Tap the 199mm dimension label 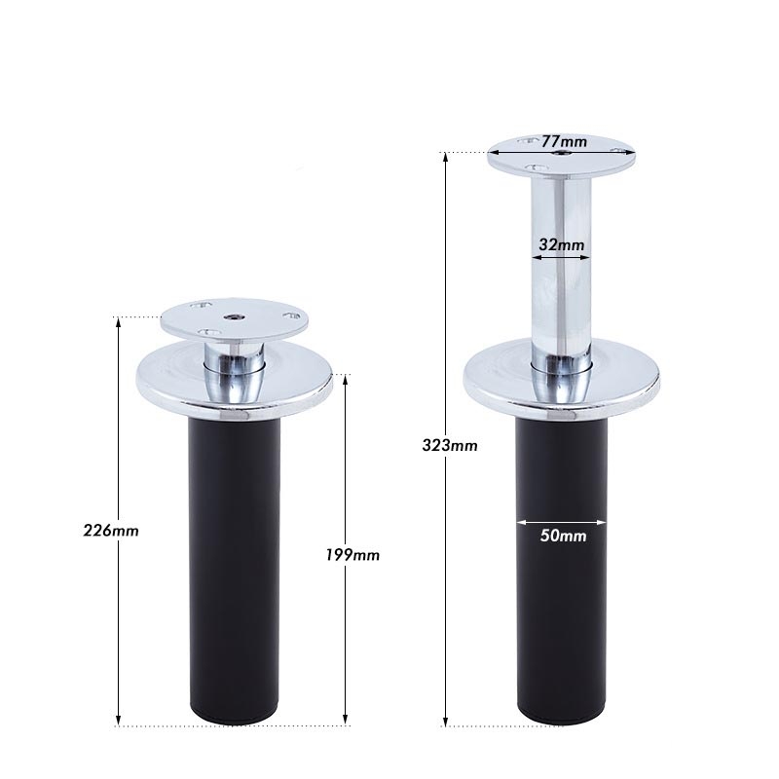click(352, 555)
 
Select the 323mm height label click(450, 445)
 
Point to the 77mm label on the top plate click(565, 142)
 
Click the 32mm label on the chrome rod click(561, 245)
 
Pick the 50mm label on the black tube click(562, 535)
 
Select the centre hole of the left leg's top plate click(235, 316)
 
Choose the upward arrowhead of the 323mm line click(445, 158)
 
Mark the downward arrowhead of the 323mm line click(445, 721)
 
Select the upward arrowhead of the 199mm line click(346, 380)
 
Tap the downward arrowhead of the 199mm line click(346, 721)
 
